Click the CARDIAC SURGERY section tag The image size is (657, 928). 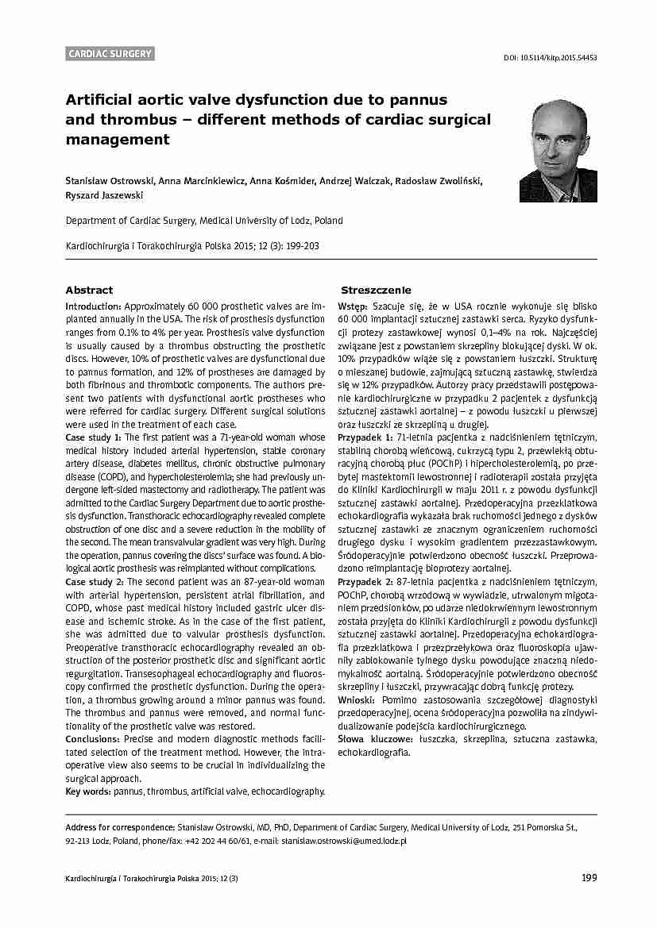(110, 54)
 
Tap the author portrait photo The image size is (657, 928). (558, 151)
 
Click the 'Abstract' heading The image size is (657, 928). (89, 291)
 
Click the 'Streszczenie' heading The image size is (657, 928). (376, 291)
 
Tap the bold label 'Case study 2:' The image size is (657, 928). (94, 582)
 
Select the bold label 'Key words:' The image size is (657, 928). (87, 791)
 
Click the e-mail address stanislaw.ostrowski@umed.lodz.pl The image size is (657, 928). (344, 840)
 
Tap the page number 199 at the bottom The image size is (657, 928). (589, 877)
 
